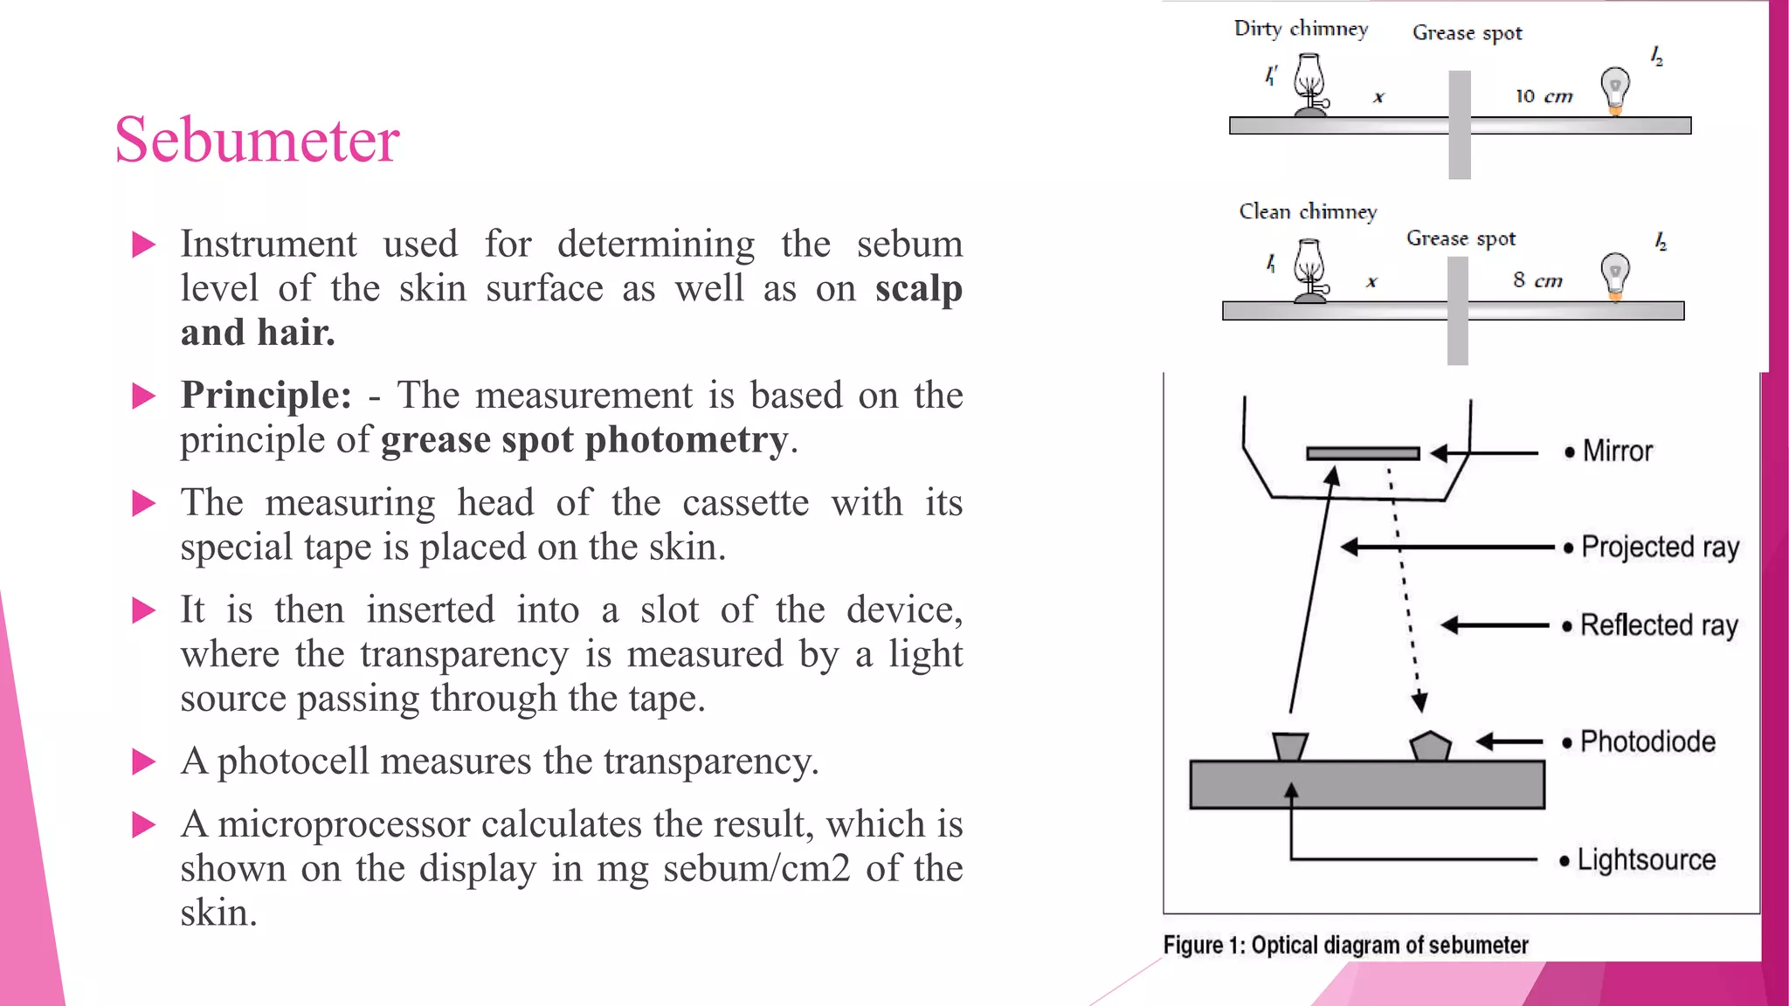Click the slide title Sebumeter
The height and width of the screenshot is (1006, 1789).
point(257,140)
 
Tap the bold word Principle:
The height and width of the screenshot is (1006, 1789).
point(266,396)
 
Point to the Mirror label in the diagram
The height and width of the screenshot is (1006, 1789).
point(1617,451)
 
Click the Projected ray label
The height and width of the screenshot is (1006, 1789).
point(1660,548)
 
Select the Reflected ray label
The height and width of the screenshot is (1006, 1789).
point(1659,625)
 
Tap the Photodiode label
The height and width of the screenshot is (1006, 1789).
point(1647,741)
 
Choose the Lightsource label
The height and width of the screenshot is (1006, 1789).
point(1646,860)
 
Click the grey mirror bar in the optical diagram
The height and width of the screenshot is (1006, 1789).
point(1362,453)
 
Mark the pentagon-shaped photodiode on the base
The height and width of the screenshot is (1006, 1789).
point(1430,747)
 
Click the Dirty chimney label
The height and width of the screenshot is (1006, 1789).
point(1300,29)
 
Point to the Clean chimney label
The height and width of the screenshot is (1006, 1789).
point(1307,212)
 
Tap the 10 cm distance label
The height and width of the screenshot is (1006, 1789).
point(1544,96)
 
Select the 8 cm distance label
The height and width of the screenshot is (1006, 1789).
point(1537,280)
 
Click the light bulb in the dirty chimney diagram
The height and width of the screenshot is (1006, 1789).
point(1615,89)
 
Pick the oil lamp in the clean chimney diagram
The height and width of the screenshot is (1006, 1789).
point(1309,272)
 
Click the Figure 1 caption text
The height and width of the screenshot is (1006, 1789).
point(1345,945)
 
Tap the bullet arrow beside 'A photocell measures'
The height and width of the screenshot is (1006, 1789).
point(143,762)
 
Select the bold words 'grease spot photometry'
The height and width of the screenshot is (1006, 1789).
point(584,440)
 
